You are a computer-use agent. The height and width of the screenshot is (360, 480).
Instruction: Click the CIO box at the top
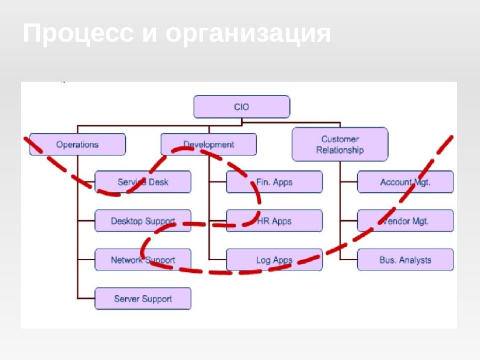tap(241, 106)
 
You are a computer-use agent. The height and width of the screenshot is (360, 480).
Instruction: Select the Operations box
tap(77, 145)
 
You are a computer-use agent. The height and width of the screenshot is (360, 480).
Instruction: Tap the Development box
tap(209, 145)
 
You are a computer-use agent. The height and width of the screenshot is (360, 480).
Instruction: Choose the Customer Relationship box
tap(340, 144)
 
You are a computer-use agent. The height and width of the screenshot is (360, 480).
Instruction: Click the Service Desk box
tap(143, 182)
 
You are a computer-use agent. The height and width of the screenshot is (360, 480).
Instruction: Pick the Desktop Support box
tap(143, 221)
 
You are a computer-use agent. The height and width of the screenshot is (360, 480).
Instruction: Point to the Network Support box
tap(143, 260)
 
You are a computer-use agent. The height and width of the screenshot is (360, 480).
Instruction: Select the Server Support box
tap(143, 299)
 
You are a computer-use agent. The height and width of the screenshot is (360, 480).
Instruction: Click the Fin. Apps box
tap(274, 182)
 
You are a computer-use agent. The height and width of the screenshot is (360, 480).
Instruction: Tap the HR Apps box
tap(274, 221)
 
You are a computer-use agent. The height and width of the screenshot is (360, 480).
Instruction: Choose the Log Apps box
tap(274, 260)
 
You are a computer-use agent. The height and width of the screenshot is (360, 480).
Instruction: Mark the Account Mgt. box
tap(405, 182)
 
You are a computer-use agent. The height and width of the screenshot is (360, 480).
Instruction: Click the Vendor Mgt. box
tap(405, 221)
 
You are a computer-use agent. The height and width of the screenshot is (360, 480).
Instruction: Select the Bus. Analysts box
tap(405, 260)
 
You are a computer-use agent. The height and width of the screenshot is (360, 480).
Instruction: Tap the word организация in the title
tap(248, 34)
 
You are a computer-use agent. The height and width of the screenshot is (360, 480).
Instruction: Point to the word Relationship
tap(340, 150)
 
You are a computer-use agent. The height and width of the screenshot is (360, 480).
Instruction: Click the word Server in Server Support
tap(128, 299)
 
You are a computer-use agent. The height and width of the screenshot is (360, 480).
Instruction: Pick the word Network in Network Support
tap(126, 260)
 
